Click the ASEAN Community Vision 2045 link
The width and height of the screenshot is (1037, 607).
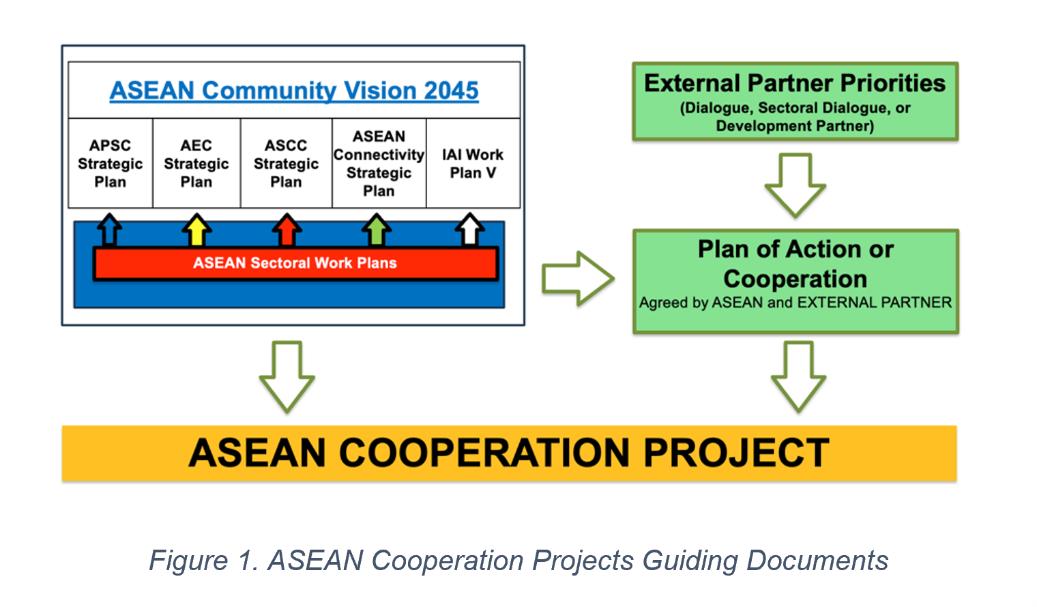click(294, 91)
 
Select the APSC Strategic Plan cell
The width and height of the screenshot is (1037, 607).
click(111, 163)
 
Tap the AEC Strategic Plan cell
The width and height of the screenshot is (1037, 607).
click(196, 163)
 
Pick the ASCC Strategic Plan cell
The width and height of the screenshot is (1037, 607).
click(286, 163)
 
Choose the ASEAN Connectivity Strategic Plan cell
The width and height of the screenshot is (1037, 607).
click(379, 163)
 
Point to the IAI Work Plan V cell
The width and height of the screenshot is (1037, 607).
click(473, 163)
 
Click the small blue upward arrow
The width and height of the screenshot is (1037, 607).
click(109, 229)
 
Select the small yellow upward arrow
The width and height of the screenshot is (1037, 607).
click(196, 229)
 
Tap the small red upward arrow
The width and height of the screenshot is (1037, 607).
click(287, 229)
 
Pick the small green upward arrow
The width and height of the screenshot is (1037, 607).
click(377, 229)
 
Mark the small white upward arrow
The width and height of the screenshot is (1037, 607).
click(470, 229)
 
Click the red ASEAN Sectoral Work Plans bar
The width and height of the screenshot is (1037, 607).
click(296, 263)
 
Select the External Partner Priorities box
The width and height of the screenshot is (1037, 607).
click(795, 102)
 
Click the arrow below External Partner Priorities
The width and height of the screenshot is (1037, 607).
click(795, 185)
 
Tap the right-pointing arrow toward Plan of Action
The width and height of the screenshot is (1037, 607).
click(579, 279)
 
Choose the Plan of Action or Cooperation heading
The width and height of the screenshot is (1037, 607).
click(795, 264)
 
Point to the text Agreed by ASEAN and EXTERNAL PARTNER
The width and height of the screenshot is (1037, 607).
click(795, 302)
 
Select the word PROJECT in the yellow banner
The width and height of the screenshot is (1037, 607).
click(736, 453)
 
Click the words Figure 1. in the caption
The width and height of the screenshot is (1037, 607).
click(204, 561)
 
